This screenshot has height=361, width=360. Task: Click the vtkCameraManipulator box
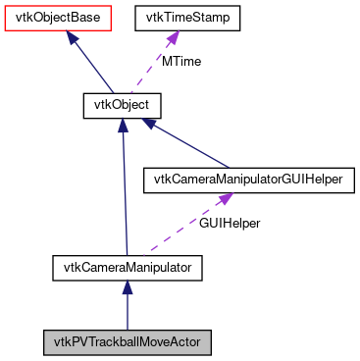pyautogui.click(x=127, y=265)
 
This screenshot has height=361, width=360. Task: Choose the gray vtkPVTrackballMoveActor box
pyautogui.click(x=127, y=342)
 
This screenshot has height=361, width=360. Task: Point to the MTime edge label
pyautogui.click(x=181, y=61)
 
